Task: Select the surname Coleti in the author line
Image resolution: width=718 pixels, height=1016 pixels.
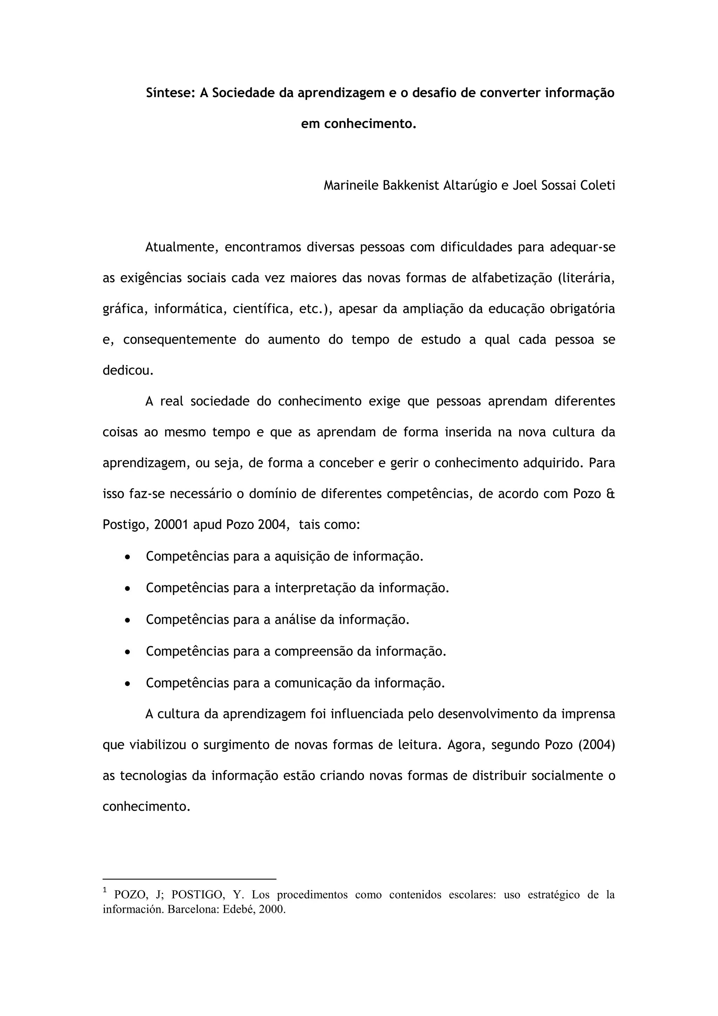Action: click(x=597, y=185)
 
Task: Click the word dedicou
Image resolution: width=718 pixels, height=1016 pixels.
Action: click(x=128, y=370)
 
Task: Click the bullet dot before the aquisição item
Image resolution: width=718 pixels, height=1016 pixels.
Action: click(x=127, y=557)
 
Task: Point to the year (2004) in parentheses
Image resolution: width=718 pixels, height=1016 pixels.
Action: click(x=596, y=745)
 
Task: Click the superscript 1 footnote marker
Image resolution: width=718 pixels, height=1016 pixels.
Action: click(x=105, y=889)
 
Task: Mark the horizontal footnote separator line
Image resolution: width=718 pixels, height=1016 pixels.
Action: click(x=189, y=879)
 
